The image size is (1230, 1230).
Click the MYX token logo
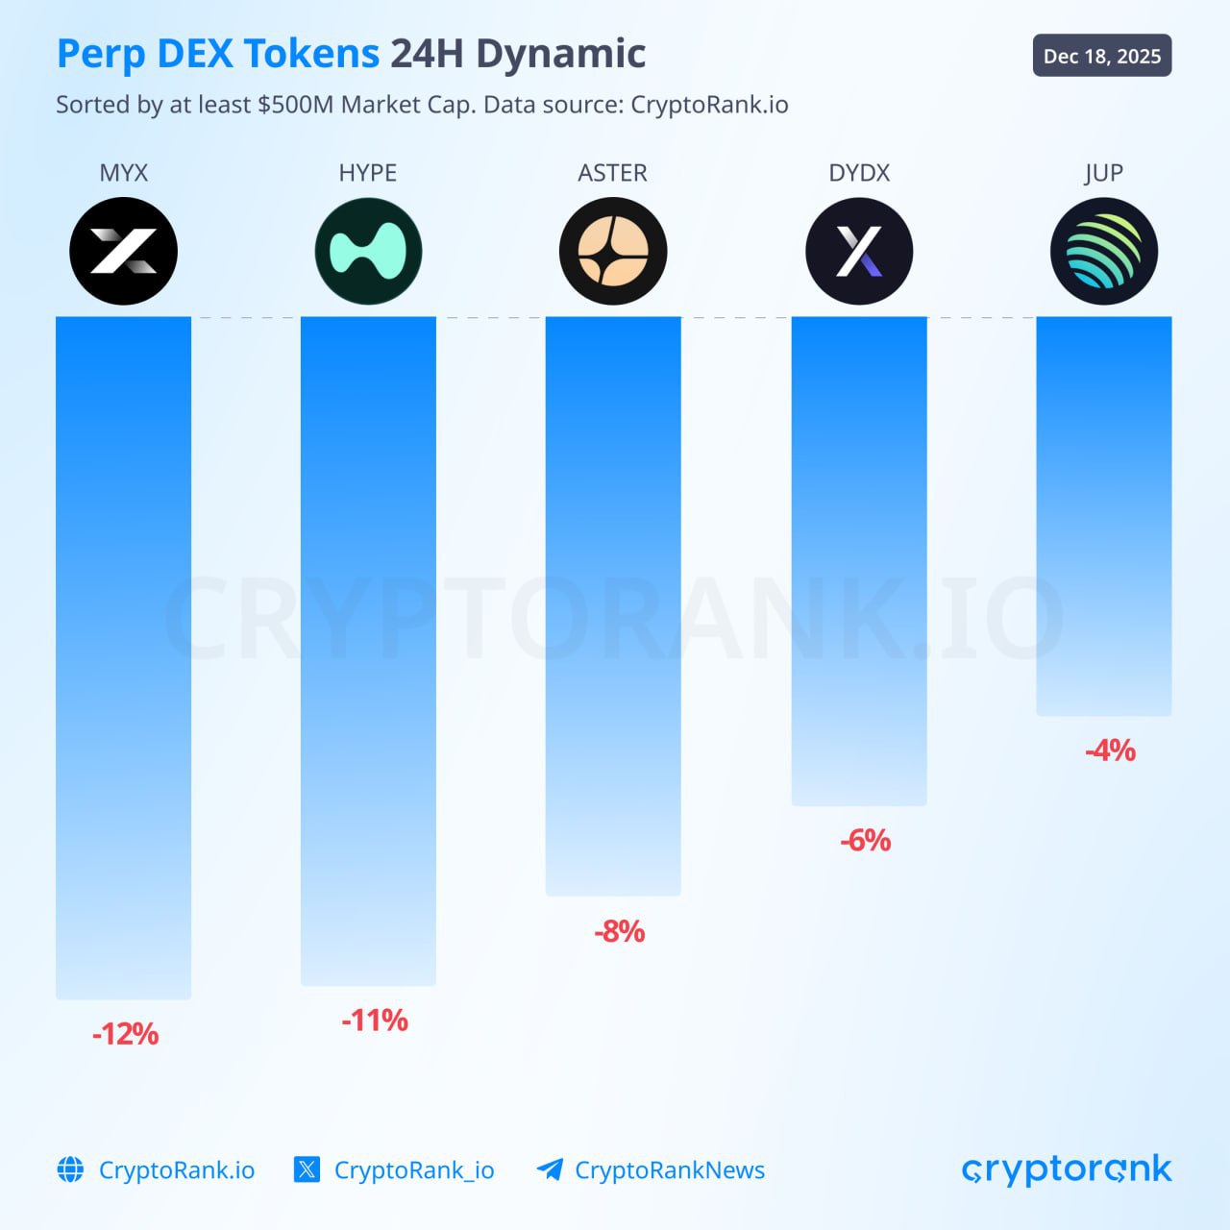click(123, 252)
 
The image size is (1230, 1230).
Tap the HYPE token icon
click(368, 252)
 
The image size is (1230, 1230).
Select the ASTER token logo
click(613, 252)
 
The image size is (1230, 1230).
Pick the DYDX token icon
click(859, 252)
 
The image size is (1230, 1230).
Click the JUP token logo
click(1104, 252)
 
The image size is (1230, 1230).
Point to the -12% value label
click(125, 1034)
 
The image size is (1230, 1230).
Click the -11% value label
click(375, 1021)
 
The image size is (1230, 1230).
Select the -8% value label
click(619, 931)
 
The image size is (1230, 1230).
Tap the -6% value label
click(865, 841)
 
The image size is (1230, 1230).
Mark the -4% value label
click(1110, 750)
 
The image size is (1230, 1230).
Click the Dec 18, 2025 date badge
click(1102, 57)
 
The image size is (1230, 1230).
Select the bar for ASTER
click(613, 605)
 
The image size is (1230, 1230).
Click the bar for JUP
click(1104, 516)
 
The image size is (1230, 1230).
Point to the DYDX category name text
click(859, 173)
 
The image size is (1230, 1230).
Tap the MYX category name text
click(123, 173)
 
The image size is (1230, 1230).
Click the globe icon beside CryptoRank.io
click(70, 1169)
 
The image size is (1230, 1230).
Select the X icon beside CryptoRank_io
click(307, 1169)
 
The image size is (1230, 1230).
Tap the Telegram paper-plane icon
click(550, 1169)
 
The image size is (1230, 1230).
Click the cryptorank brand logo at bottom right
click(1067, 1169)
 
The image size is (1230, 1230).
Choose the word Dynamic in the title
click(560, 54)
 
